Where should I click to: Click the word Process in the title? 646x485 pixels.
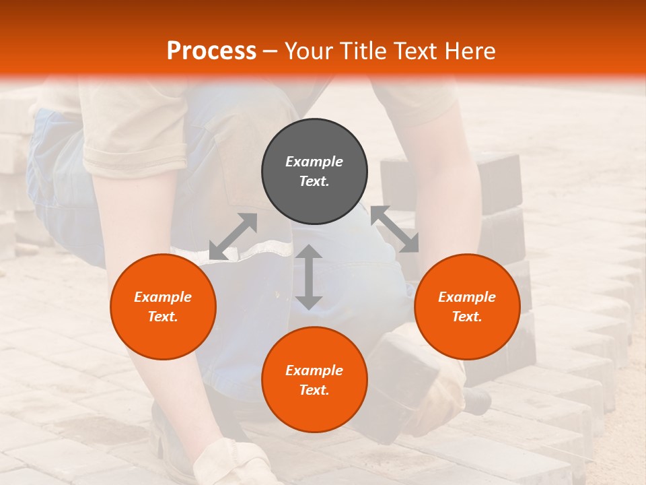pyautogui.click(x=211, y=51)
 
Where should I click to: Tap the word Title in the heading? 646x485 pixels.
pyautogui.click(x=363, y=51)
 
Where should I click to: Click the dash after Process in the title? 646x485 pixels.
pyautogui.click(x=271, y=52)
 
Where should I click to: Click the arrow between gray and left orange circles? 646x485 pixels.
pyautogui.click(x=233, y=236)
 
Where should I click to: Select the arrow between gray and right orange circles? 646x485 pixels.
pyautogui.click(x=395, y=229)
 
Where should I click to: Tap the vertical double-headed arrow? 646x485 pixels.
pyautogui.click(x=309, y=277)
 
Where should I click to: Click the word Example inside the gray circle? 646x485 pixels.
pyautogui.click(x=314, y=162)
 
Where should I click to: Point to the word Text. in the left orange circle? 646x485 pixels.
pyautogui.click(x=163, y=317)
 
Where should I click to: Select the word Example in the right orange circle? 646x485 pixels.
pyautogui.click(x=467, y=297)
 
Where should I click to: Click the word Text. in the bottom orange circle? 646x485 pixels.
pyautogui.click(x=314, y=390)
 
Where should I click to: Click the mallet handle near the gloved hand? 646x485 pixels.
pyautogui.click(x=476, y=401)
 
